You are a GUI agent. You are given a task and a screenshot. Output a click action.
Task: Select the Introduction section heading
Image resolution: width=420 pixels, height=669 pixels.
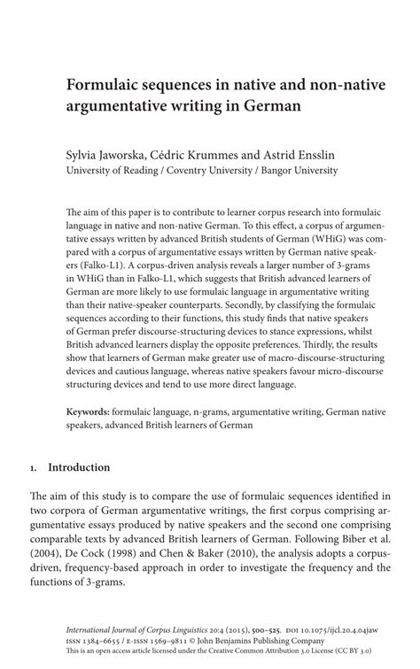pos(79,466)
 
